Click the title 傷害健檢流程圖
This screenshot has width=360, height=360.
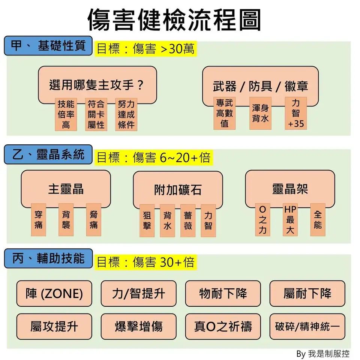pos(174,19)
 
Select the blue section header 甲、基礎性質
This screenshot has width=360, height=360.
pos(48,46)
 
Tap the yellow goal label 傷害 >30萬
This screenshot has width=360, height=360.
pos(145,49)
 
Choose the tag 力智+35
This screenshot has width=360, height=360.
pos(296,113)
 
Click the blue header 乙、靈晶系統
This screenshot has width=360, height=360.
pos(48,154)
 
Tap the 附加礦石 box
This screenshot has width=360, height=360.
pos(178,189)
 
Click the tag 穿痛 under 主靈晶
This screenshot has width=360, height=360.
pos(38,220)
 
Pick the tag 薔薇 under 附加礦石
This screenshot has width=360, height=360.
pos(188,220)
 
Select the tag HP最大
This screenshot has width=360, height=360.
pos(290,220)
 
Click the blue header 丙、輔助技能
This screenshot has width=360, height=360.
pos(48,258)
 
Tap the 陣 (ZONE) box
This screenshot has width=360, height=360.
pos(54,293)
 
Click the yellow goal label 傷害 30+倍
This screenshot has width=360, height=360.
pos(145,262)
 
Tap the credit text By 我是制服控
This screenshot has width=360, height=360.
pos(322,354)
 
